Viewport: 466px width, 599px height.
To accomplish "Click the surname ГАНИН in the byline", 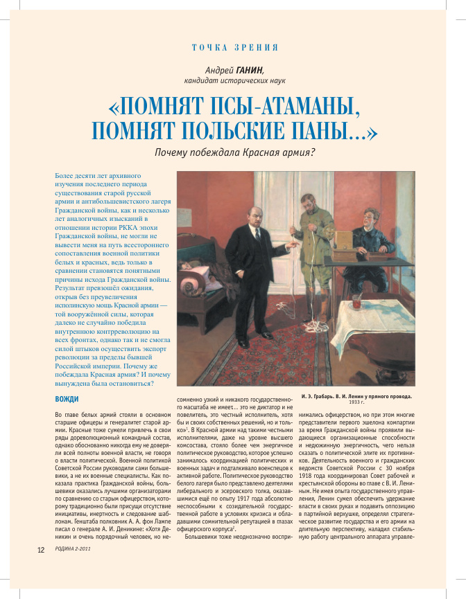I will pyautogui.click(x=251, y=69).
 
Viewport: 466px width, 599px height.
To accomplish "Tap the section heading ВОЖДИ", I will pyautogui.click(x=67, y=399).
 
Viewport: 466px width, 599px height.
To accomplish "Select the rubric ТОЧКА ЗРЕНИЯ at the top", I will pyautogui.click(x=234, y=47).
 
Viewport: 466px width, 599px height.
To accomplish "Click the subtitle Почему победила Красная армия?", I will pyautogui.click(x=235, y=152).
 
